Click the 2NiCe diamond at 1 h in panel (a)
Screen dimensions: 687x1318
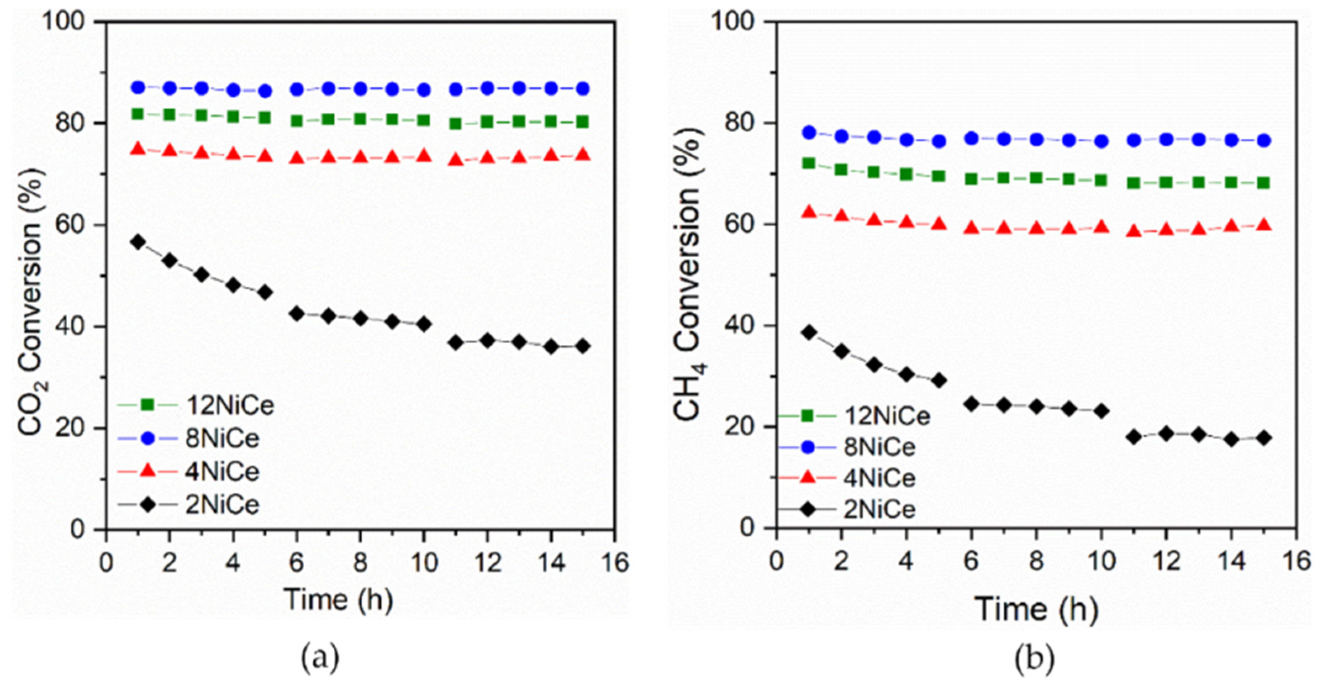click(x=137, y=242)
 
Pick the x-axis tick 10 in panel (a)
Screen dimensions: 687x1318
click(x=424, y=563)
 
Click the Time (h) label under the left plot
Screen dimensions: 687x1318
click(x=339, y=599)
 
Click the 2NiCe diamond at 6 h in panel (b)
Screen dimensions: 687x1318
click(x=971, y=404)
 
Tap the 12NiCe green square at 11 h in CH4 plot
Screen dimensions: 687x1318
click(x=1134, y=183)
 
